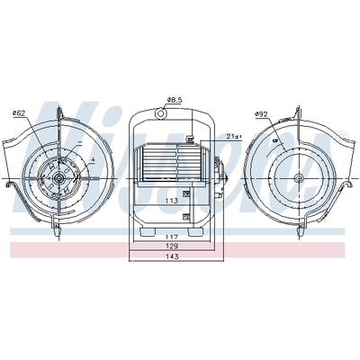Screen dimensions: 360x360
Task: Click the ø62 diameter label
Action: (19, 113)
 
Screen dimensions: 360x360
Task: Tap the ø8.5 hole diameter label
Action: (175, 100)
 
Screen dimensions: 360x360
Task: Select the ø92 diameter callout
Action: (261, 114)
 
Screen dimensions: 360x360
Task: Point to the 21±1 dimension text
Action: (235, 137)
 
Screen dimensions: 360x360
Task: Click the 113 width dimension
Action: (171, 201)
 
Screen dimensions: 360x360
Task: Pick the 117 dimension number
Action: (172, 238)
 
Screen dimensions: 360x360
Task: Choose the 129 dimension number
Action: (172, 247)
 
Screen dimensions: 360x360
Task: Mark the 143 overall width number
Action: (172, 256)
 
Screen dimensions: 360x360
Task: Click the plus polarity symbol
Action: (93, 160)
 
